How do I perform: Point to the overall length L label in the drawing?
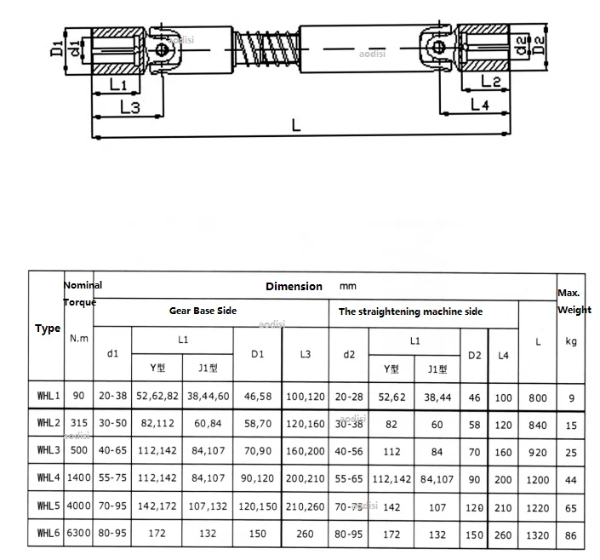coord(295,126)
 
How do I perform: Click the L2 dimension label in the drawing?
coord(490,81)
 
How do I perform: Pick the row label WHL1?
coord(48,395)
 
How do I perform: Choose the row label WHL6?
coord(48,534)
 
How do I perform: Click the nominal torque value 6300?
coord(77,534)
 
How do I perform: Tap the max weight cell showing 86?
coord(570,534)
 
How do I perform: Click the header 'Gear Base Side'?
coord(203,311)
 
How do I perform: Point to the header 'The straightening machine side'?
coord(410,311)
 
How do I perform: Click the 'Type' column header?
coord(47,329)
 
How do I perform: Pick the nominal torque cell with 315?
coord(77,423)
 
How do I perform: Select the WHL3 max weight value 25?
coord(570,451)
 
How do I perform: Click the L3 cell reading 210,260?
coord(305,506)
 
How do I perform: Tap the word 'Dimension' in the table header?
coord(294,286)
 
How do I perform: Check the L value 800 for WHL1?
coord(537,396)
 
